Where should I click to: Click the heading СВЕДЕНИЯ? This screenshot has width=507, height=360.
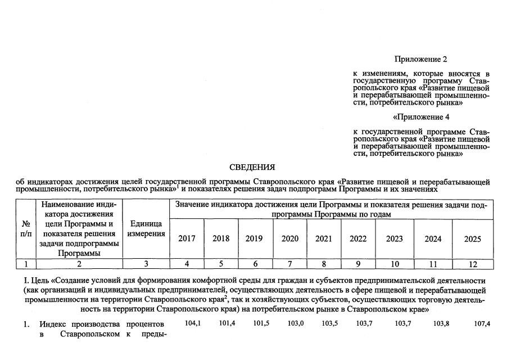[252, 167]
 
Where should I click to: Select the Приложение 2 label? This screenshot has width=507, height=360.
[420, 59]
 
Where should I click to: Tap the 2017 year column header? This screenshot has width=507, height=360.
[187, 238]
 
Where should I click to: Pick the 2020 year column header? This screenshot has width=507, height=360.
[289, 238]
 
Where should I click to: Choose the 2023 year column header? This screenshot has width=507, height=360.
[395, 238]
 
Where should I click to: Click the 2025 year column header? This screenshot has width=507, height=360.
[473, 238]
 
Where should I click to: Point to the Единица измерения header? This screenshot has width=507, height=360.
[146, 229]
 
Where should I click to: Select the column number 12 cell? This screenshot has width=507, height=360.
[473, 264]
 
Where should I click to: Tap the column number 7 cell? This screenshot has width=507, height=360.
[289, 264]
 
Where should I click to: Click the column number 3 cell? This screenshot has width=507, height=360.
[146, 264]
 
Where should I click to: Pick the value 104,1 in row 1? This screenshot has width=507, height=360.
[193, 323]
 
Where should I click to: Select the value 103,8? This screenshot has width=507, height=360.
[441, 323]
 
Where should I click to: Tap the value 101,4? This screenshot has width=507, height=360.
[227, 323]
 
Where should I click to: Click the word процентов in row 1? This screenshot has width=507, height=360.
[145, 324]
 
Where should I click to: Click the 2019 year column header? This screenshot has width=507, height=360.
[254, 238]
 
